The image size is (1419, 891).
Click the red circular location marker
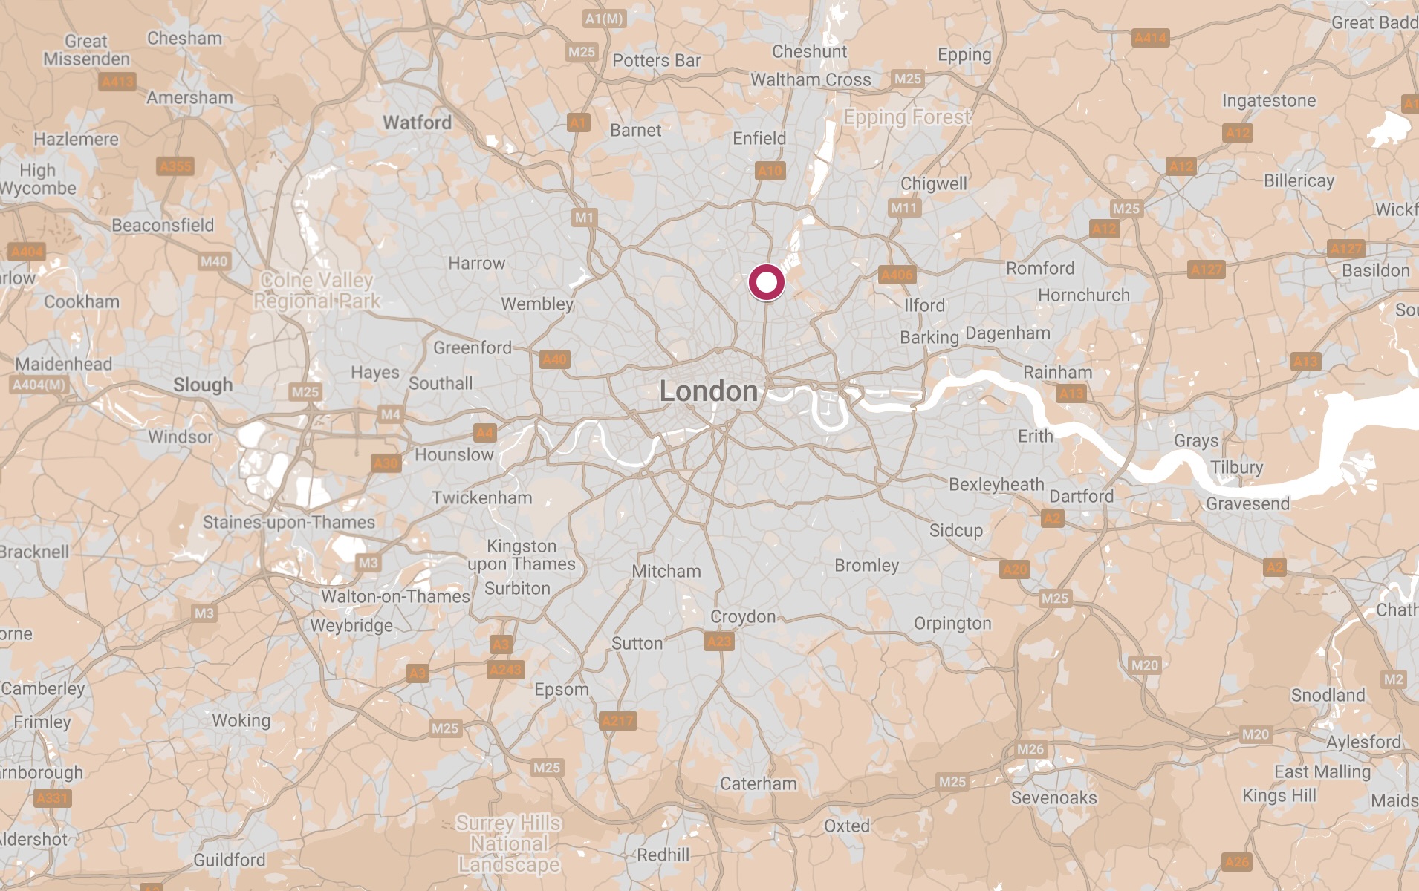(x=766, y=283)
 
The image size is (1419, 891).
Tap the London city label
(x=708, y=391)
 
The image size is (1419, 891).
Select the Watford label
(x=417, y=123)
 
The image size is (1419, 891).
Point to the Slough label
(x=203, y=385)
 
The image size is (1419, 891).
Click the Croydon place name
(x=742, y=616)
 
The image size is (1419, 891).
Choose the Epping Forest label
(x=907, y=117)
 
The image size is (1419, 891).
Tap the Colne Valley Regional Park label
(x=317, y=290)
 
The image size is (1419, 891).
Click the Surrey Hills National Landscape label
(x=509, y=843)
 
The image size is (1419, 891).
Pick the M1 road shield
(x=584, y=218)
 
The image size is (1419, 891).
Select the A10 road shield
(x=770, y=171)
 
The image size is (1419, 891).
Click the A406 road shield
(x=896, y=275)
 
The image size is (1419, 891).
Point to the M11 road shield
(x=903, y=208)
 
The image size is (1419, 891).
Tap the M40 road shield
(x=214, y=261)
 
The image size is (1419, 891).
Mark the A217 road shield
(x=617, y=720)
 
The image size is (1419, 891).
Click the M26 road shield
(x=1030, y=749)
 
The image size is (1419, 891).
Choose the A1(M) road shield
(x=604, y=19)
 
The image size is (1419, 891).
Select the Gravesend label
(x=1247, y=503)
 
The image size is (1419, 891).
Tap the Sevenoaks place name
(x=1053, y=797)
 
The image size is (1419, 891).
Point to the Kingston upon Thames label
(x=522, y=555)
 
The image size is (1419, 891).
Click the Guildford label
(x=229, y=860)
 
